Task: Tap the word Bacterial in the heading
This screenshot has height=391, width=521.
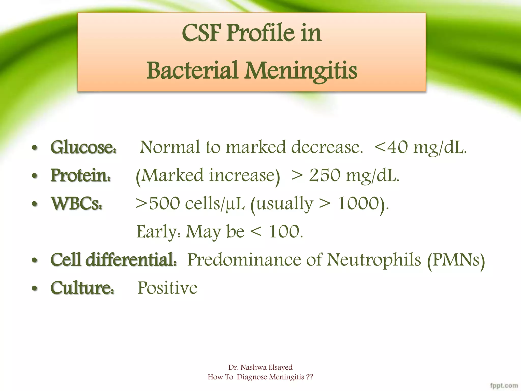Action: [x=192, y=71]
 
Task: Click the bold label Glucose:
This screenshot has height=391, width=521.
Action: [x=83, y=147]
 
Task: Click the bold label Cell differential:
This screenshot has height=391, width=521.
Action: [x=113, y=260]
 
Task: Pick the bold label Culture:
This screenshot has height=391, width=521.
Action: [x=82, y=288]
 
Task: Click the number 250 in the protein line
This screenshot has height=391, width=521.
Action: [x=325, y=176]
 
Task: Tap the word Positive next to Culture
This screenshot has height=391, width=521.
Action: [x=167, y=288]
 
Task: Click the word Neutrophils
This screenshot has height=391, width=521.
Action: [x=374, y=260]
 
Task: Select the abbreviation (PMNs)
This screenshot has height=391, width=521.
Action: [x=456, y=260]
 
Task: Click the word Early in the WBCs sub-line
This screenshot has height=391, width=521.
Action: [x=157, y=232]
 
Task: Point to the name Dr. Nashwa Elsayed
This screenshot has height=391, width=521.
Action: [x=260, y=367]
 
